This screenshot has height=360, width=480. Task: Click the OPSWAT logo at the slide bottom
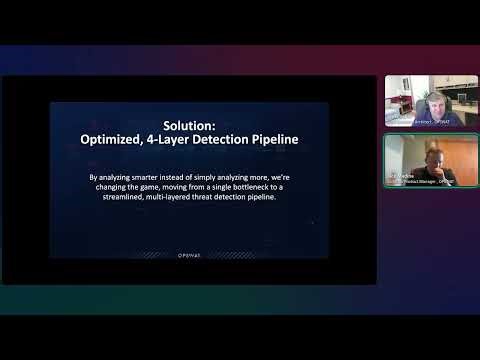(189, 254)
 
